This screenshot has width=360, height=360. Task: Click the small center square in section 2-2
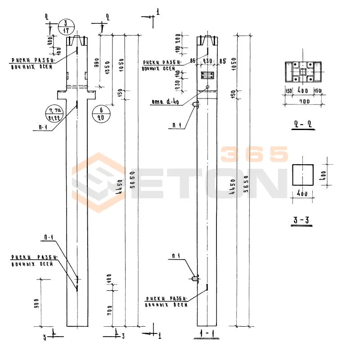tap(303, 71)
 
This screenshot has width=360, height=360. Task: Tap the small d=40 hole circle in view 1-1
tap(207, 87)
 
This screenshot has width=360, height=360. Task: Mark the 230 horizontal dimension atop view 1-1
tap(207, 60)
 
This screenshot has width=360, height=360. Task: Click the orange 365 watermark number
tap(254, 155)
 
